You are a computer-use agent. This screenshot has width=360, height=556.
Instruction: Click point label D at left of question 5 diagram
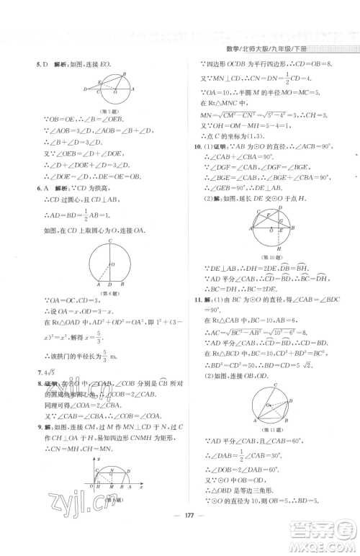(85, 89)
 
